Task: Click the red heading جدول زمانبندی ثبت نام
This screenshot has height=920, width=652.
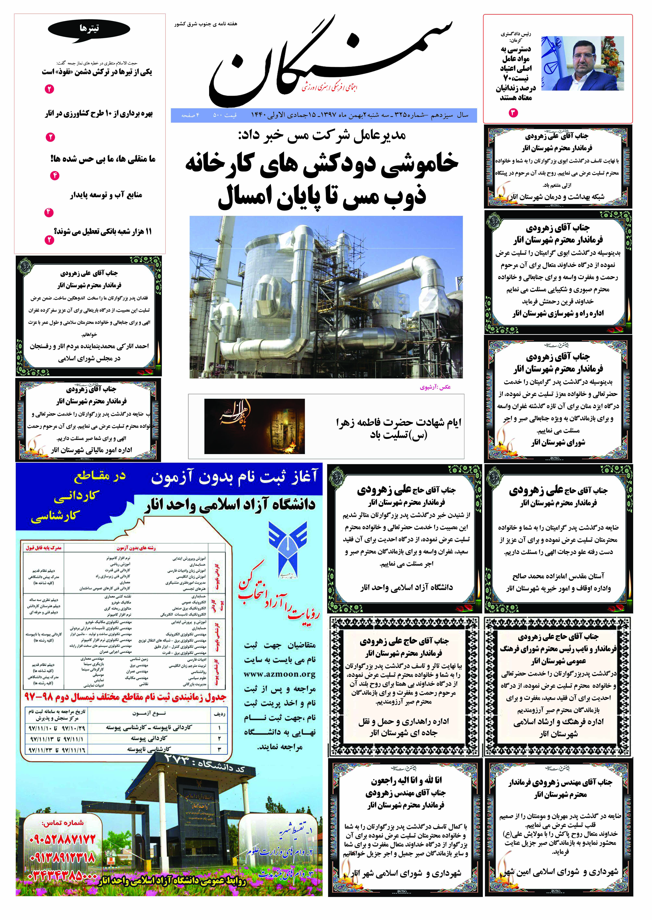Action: click(x=125, y=697)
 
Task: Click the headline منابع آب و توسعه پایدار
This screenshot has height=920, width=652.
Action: click(x=106, y=195)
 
